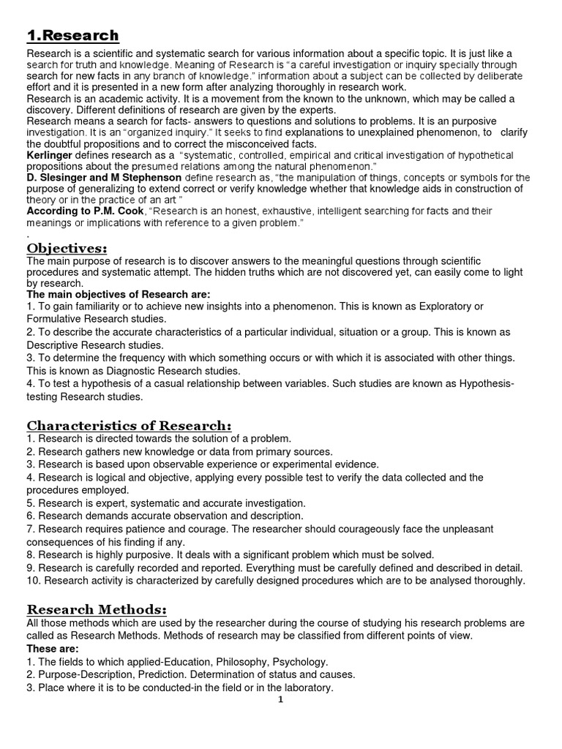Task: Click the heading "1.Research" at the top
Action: point(72,35)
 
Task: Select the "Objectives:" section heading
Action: point(67,249)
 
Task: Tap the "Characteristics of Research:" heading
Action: point(129,426)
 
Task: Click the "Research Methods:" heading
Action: point(97,609)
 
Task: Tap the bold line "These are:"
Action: point(52,649)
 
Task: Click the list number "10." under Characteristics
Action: point(34,581)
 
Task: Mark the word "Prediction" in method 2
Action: point(179,674)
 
